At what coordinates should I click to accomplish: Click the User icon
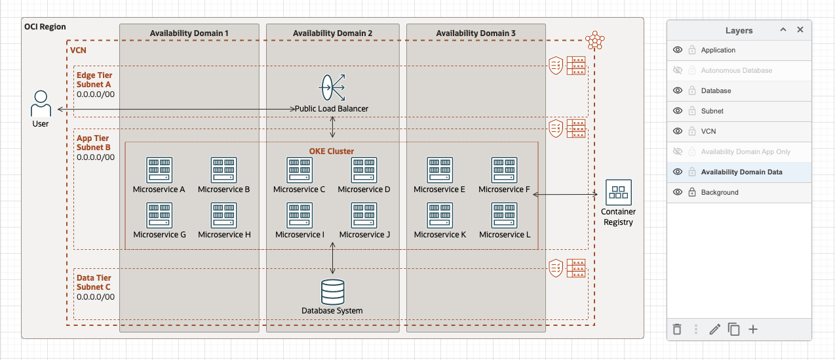point(41,104)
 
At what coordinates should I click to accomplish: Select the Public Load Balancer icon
point(332,88)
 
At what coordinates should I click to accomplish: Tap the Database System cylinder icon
point(332,292)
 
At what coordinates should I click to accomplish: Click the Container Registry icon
point(618,192)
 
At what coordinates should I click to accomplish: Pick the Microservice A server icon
point(159,170)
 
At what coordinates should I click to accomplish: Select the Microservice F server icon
point(504,170)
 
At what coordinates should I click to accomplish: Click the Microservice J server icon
point(364,215)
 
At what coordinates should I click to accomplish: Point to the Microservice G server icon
point(159,215)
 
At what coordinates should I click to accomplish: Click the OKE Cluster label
point(332,151)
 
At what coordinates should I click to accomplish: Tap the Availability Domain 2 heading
point(332,33)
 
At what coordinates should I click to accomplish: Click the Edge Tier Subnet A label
point(94,79)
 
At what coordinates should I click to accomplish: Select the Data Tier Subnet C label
point(94,283)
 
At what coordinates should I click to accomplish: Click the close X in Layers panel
point(800,30)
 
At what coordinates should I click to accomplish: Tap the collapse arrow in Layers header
point(783,30)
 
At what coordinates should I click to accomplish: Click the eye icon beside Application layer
point(678,50)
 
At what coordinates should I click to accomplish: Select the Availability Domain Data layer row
point(741,172)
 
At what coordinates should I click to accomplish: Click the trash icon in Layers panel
point(678,329)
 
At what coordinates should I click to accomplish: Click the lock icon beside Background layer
point(691,192)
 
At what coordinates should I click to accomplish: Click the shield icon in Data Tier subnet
point(556,268)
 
